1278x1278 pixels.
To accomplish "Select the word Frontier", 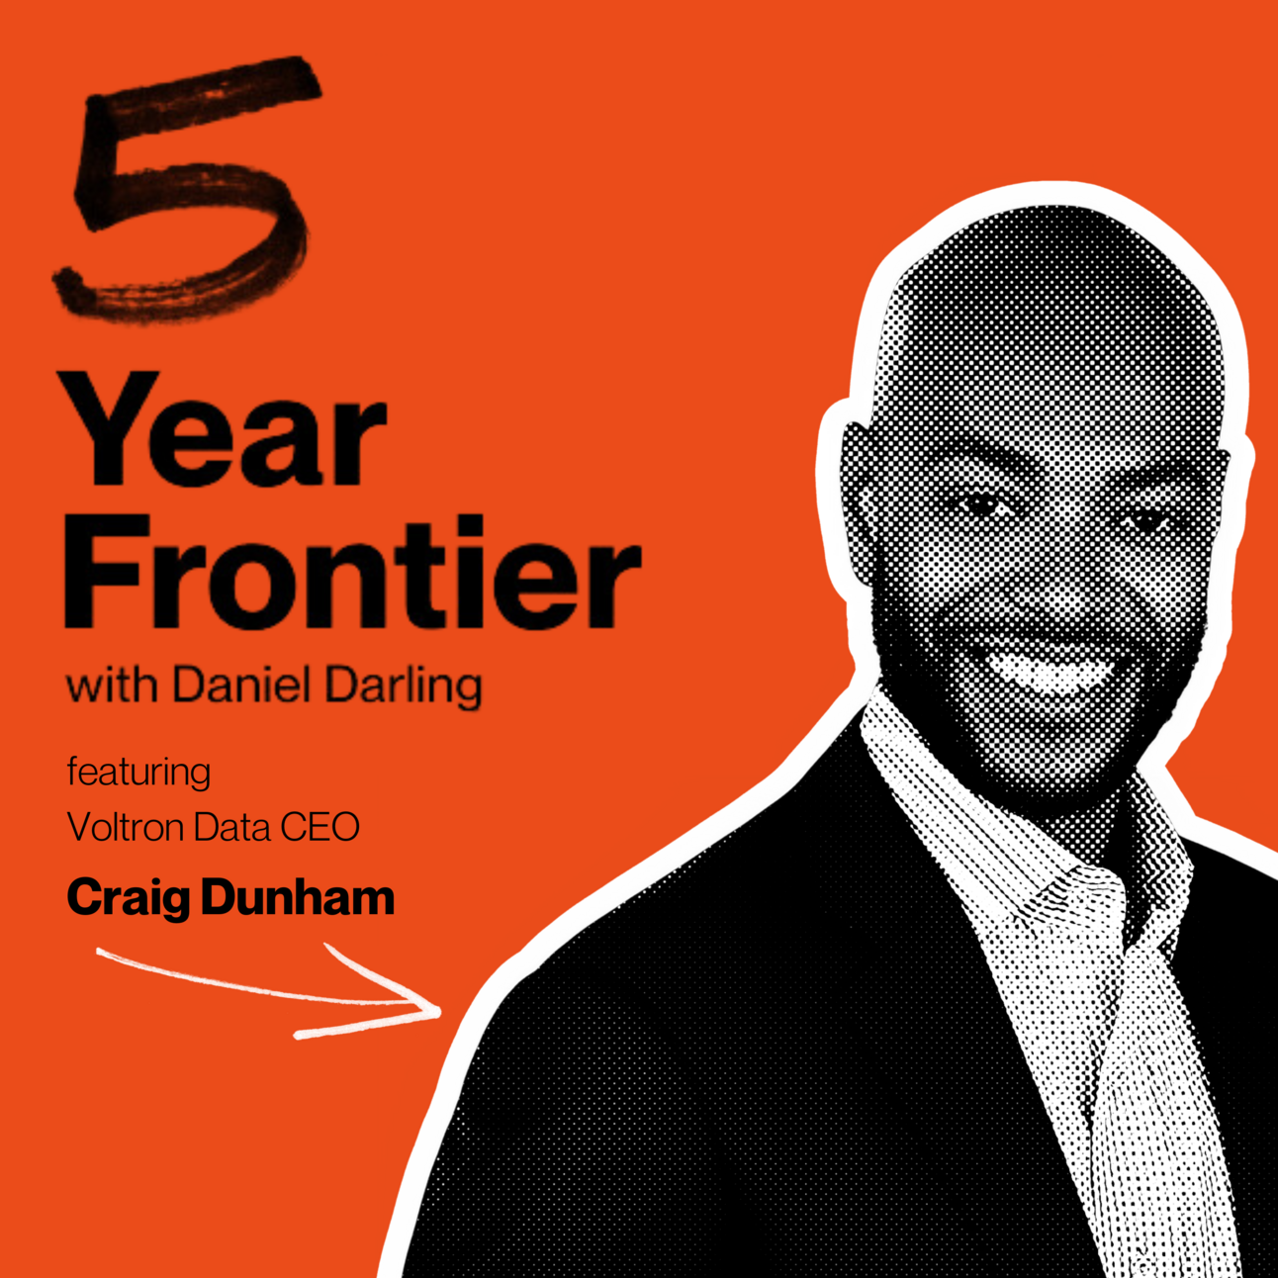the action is pyautogui.click(x=352, y=571).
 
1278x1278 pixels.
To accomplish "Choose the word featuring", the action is pyautogui.click(x=138, y=774).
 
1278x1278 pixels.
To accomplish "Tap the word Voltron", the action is pyautogui.click(x=126, y=827).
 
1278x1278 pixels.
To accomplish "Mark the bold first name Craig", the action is pyautogui.click(x=129, y=899).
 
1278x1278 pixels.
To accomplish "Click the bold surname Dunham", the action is pyautogui.click(x=298, y=895).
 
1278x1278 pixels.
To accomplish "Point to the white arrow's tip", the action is pyautogui.click(x=440, y=1011).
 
